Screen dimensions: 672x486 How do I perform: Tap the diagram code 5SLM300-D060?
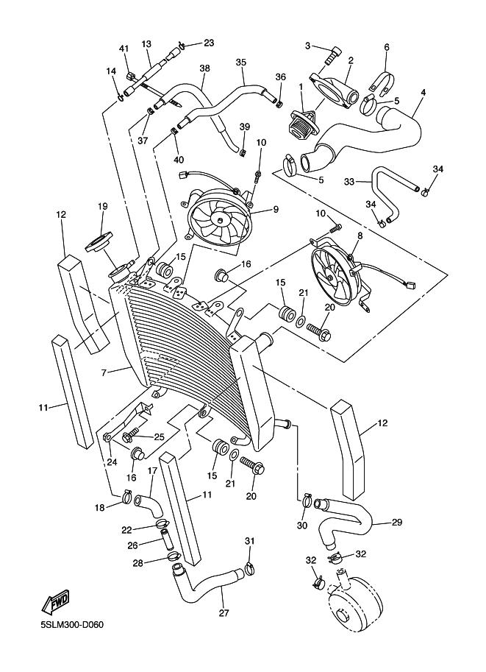coord(73,626)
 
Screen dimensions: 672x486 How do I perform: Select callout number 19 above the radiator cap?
coord(102,207)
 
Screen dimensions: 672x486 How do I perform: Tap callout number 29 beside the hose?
coord(396,523)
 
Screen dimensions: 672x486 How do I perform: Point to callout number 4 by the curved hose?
coord(424,93)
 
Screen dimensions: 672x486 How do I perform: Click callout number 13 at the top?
coord(146,44)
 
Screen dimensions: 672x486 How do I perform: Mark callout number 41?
coord(124,49)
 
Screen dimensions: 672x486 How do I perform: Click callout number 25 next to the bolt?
coord(158,437)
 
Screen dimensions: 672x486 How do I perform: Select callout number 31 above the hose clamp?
coord(249,542)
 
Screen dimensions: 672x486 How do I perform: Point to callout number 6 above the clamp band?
coord(387,47)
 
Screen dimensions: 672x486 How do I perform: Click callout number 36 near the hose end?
coord(280,77)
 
